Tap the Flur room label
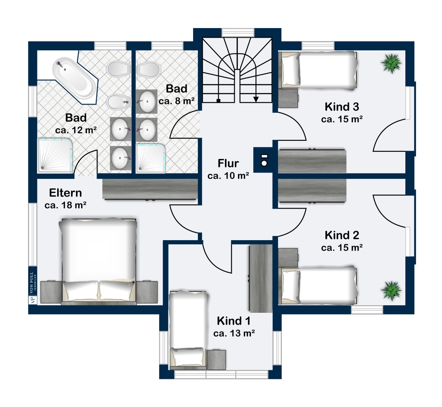[228, 163]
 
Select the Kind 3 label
[342, 107]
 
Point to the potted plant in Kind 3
[391, 63]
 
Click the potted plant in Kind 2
[391, 291]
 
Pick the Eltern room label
[65, 193]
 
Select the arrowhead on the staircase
[256, 99]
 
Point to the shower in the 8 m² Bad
[151, 158]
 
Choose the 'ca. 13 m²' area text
[234, 333]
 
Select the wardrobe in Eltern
[150, 189]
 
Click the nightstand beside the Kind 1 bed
[216, 360]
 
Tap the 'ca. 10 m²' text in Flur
[228, 176]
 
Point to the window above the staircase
[238, 33]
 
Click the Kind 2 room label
[342, 235]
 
